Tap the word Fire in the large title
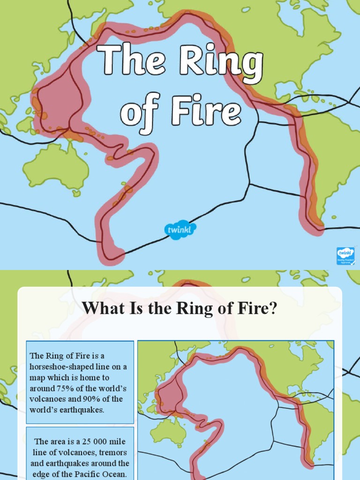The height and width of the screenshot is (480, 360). point(203,111)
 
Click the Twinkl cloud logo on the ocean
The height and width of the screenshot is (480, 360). point(180,230)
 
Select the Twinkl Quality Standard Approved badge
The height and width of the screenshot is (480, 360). point(345,255)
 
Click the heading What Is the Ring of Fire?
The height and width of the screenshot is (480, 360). point(180,308)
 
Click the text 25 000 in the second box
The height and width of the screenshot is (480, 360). point(87,442)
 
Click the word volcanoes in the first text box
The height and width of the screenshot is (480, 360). point(46,399)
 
